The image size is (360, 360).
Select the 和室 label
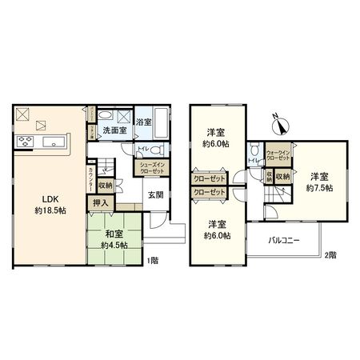click(x=114, y=234)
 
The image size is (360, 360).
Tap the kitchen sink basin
click(x=56, y=143)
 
